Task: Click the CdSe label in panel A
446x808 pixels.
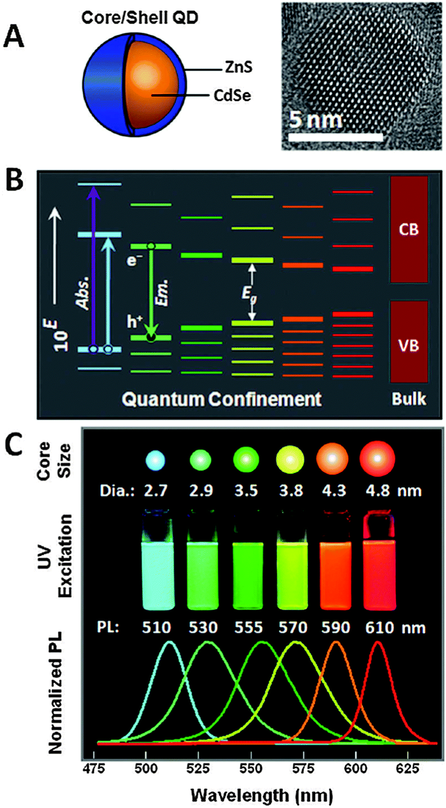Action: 232,95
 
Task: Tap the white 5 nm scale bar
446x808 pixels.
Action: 336,137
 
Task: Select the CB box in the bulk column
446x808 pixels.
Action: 409,229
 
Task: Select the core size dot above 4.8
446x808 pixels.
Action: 377,459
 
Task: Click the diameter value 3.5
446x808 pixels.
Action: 246,490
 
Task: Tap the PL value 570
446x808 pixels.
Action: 293,628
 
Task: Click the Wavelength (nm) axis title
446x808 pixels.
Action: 262,795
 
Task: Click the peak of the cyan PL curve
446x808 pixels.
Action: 170,642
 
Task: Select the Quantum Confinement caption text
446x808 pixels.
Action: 221,399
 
